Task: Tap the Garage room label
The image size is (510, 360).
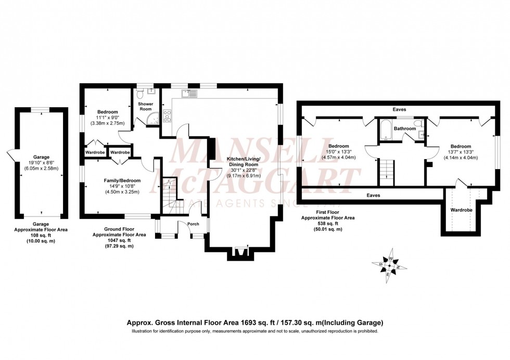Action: click(x=42, y=157)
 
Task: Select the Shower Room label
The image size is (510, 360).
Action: click(x=145, y=107)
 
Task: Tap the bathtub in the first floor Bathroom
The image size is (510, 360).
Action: click(x=385, y=130)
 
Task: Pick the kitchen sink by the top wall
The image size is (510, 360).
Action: click(x=188, y=94)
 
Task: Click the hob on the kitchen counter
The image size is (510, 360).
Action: click(x=168, y=115)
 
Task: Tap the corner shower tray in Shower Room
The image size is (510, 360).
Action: click(x=154, y=121)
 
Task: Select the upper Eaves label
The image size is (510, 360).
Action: click(x=400, y=109)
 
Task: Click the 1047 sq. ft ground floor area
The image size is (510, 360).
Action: click(x=119, y=240)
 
